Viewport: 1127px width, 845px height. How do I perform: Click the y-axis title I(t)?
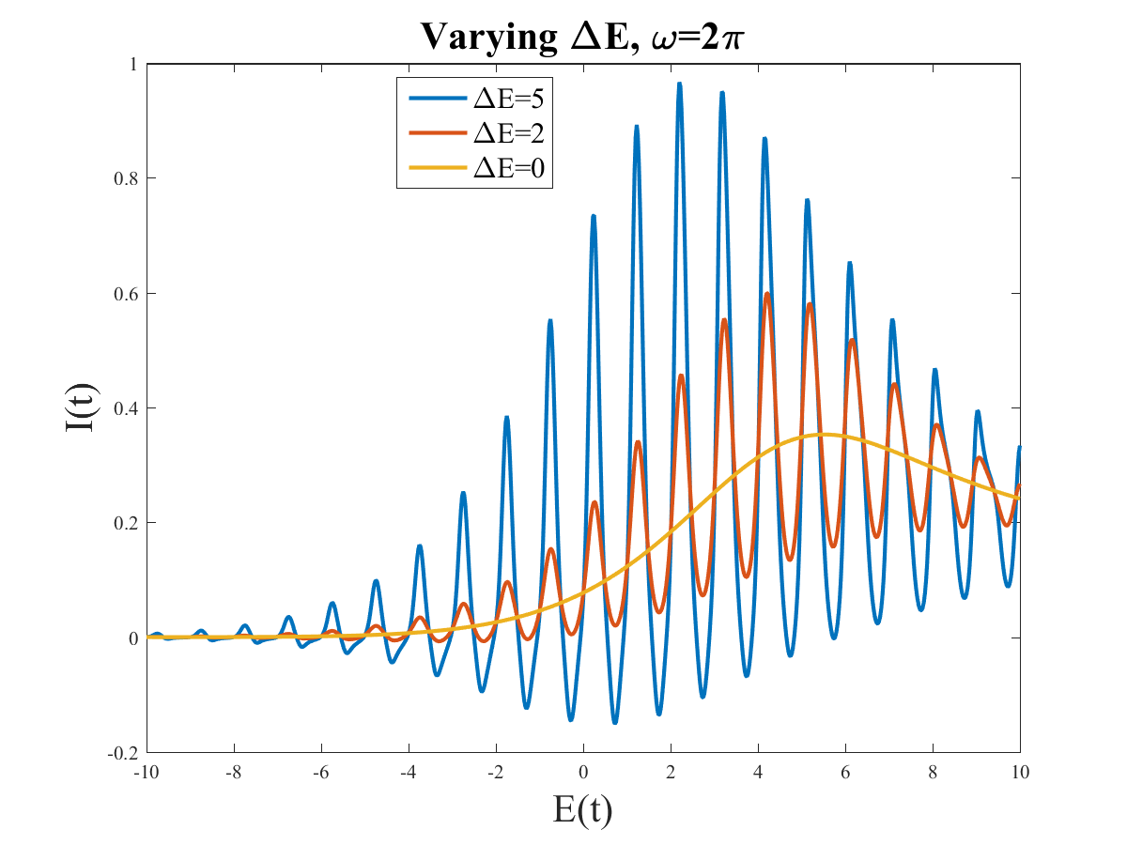coord(80,408)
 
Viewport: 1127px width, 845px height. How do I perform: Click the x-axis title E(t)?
coord(582,807)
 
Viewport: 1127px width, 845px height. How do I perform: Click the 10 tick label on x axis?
coord(1020,771)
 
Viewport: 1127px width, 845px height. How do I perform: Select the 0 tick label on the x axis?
coord(583,771)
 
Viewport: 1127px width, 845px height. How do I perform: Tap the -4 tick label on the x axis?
coord(409,771)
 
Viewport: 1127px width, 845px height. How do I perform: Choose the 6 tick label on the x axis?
coord(845,771)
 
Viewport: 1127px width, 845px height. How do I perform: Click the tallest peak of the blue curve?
coord(679,84)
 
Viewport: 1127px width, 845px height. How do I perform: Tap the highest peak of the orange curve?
coord(767,294)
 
